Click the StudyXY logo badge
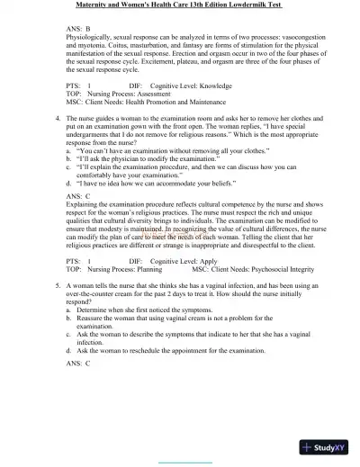pos(327,446)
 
